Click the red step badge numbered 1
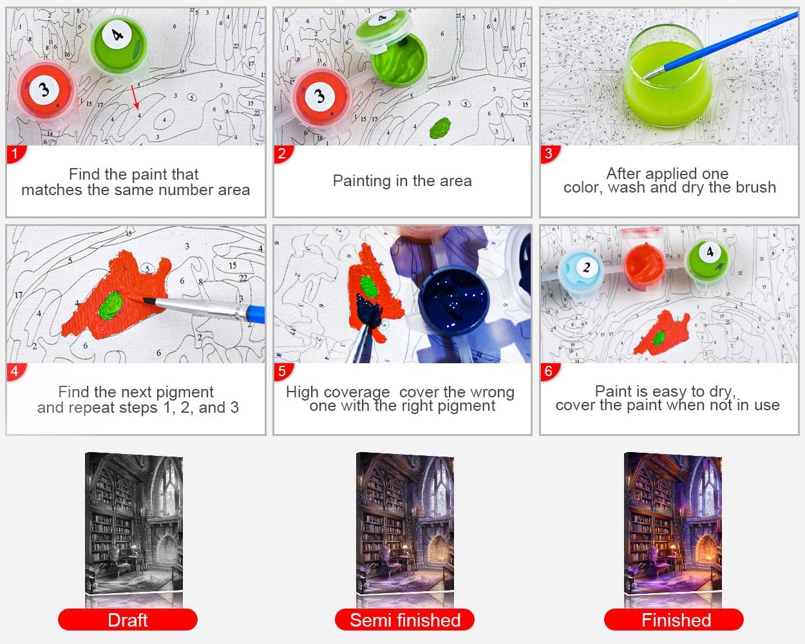(x=15, y=154)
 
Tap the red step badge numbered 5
(x=283, y=372)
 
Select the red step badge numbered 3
(x=549, y=154)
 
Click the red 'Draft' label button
(x=128, y=620)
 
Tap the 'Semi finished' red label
(x=404, y=620)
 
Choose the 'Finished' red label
(x=674, y=620)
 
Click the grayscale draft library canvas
(x=134, y=523)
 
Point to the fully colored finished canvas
(x=672, y=523)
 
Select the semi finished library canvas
(x=404, y=523)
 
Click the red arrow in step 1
(x=135, y=97)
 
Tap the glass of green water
(x=668, y=77)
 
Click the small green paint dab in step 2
(x=440, y=128)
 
